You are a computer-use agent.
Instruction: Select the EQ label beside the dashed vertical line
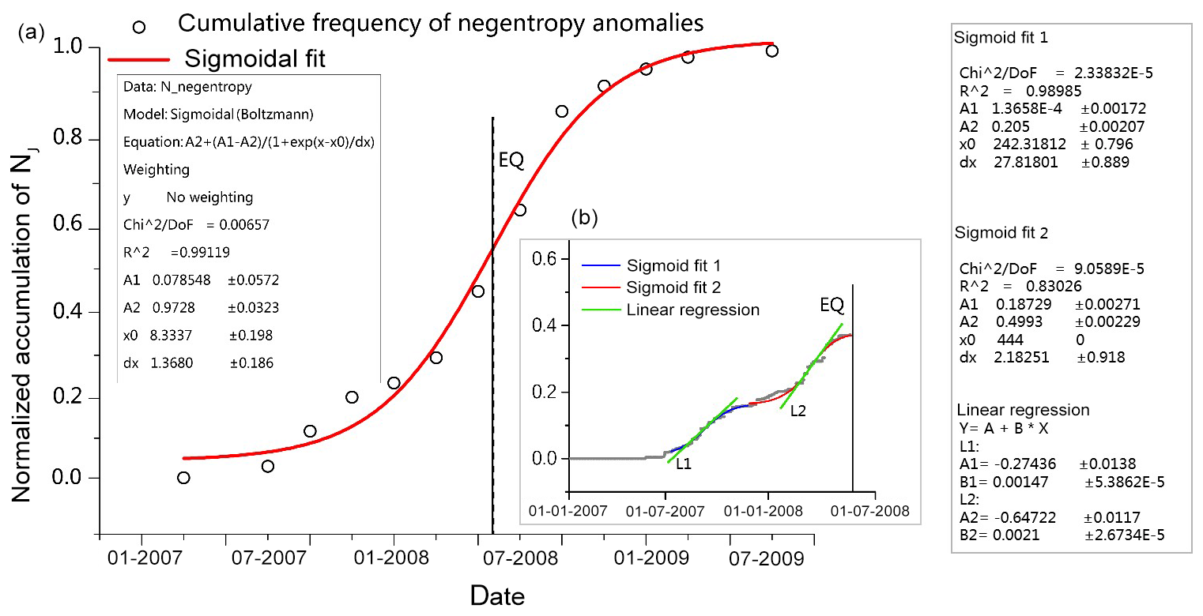(x=511, y=161)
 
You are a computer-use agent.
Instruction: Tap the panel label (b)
(x=584, y=218)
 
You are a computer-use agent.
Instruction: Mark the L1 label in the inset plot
(x=684, y=464)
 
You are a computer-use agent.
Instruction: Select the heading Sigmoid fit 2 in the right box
(x=1002, y=234)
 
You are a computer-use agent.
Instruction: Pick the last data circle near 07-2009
(x=772, y=51)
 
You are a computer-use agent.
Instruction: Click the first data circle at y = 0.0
(x=183, y=478)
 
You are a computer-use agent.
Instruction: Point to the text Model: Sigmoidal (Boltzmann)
(x=219, y=115)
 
